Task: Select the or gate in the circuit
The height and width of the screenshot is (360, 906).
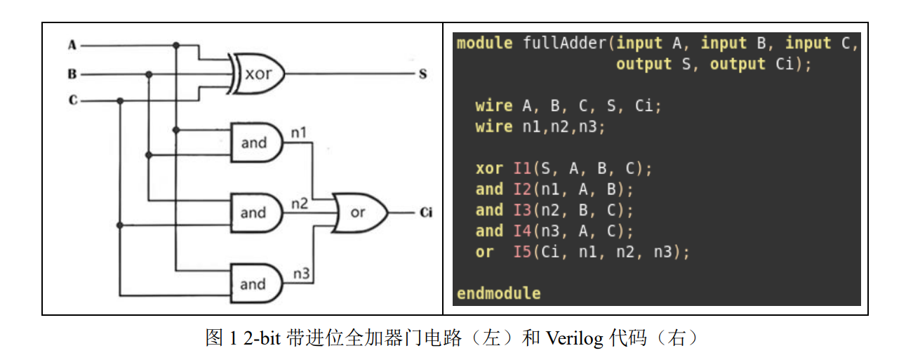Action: coord(359,212)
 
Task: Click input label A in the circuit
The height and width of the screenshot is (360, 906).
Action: coord(72,46)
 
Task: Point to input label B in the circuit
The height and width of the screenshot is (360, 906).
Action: coord(72,74)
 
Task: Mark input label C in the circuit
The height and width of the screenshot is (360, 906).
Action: coord(72,101)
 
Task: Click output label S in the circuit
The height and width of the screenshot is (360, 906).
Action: coord(422,74)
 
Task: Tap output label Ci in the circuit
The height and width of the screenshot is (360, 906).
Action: coord(425,212)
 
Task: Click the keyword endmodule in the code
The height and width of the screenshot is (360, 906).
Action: coord(498,293)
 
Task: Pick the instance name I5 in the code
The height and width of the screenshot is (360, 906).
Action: coord(522,252)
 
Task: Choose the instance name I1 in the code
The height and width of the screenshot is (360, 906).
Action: coord(522,168)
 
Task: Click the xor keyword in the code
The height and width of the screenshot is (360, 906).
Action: coord(489,168)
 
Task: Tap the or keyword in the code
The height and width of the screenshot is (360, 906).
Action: coord(484,252)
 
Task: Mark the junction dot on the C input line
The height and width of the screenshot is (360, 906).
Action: coord(120,101)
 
